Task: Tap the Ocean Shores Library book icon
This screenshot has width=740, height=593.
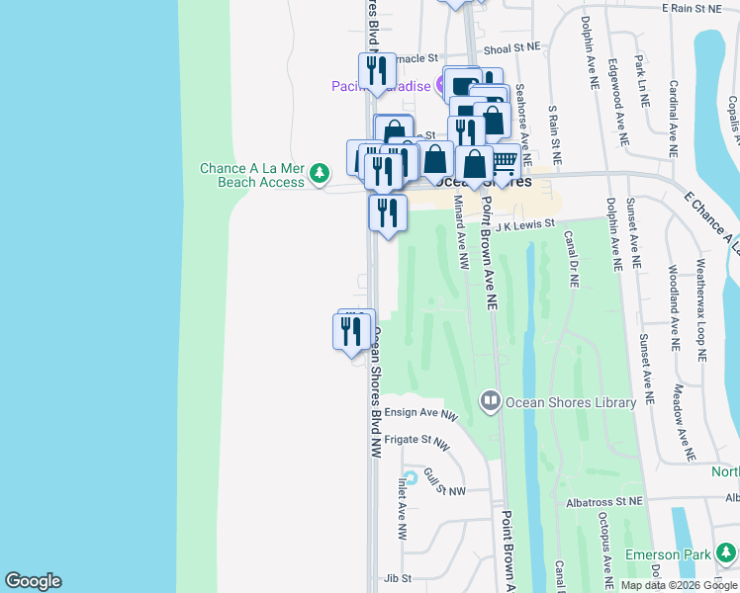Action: click(x=490, y=401)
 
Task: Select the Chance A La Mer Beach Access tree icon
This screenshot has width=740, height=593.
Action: click(x=319, y=174)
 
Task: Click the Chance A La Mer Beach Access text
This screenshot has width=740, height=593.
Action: click(x=251, y=175)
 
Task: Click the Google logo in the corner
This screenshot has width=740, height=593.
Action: click(x=33, y=581)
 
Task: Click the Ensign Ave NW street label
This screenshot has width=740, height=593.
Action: click(x=420, y=414)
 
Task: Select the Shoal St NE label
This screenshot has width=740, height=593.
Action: click(x=512, y=47)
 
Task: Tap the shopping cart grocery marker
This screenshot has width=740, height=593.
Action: click(x=504, y=160)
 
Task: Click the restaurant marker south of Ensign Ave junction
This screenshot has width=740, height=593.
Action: click(x=351, y=331)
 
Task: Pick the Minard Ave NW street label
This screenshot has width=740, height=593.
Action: click(x=460, y=232)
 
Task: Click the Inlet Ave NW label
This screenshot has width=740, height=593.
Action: click(x=403, y=510)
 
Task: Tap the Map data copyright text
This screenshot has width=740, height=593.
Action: click(x=678, y=585)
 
